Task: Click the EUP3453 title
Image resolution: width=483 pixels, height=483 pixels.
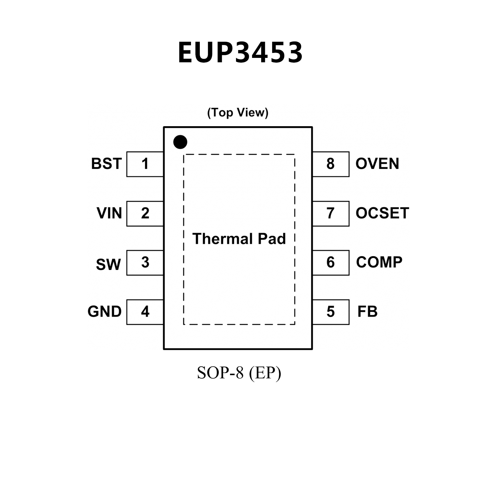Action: point(240,53)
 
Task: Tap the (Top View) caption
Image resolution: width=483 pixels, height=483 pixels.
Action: point(238,112)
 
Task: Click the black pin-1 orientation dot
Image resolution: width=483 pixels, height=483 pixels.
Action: point(180,142)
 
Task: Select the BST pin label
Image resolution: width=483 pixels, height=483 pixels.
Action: point(106,164)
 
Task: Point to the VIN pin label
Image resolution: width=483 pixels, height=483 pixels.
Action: point(109,213)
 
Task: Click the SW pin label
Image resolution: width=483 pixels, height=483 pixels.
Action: point(108,264)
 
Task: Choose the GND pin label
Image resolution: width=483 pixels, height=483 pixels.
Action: point(104,312)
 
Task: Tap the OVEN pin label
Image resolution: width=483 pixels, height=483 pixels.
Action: point(377,164)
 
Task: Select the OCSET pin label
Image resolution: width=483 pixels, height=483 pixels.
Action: point(382,213)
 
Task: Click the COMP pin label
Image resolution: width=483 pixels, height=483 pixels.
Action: point(379,262)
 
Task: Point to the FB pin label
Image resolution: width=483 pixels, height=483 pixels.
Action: point(368,312)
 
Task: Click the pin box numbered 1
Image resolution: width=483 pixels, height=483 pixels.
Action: point(145,164)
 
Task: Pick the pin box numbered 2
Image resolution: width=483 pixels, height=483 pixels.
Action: point(145,213)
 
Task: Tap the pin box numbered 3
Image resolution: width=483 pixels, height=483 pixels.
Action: point(145,262)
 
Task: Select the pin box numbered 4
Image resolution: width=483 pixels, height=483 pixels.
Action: point(145,312)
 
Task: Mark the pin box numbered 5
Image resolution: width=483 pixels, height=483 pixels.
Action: point(331,312)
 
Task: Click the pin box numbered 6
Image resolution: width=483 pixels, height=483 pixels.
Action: point(331,262)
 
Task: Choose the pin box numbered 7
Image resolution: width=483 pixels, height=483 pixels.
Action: point(331,213)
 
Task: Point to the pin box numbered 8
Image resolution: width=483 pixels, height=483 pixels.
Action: point(331,164)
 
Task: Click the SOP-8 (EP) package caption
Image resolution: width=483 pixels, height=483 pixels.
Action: point(239,373)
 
